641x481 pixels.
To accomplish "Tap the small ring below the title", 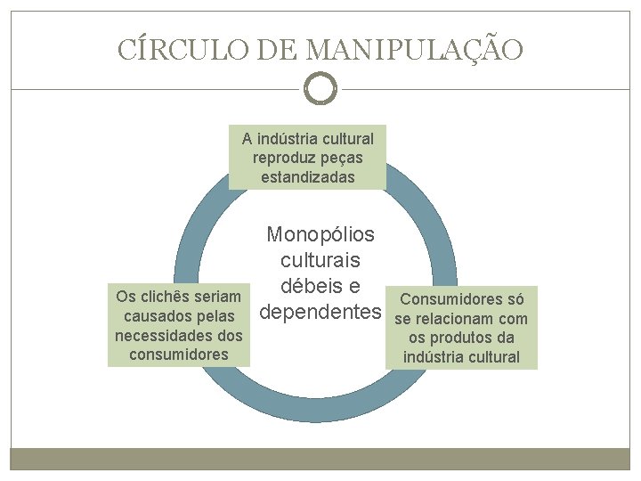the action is (320, 89).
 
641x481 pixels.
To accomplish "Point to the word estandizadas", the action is (308, 176).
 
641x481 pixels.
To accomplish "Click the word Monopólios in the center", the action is (320, 235).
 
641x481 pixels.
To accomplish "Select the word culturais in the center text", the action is (320, 261).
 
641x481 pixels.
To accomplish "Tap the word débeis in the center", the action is (307, 287).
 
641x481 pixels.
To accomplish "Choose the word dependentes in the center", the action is (320, 313).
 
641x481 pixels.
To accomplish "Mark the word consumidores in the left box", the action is (178, 355).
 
